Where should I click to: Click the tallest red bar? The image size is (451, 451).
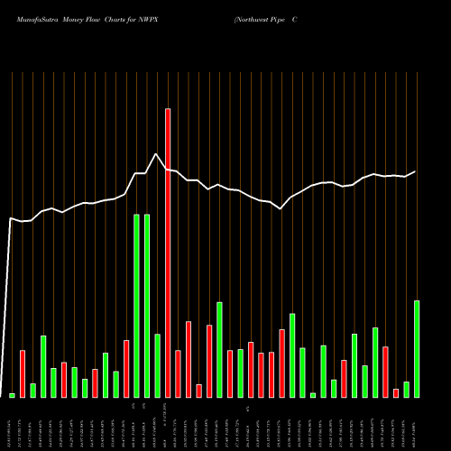pyautogui.click(x=168, y=253)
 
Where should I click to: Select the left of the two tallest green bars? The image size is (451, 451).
pyautogui.click(x=136, y=306)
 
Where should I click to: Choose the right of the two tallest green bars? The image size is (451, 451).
pyautogui.click(x=146, y=306)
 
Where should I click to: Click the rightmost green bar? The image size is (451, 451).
pyautogui.click(x=417, y=348)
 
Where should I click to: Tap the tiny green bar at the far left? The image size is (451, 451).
pyautogui.click(x=12, y=395)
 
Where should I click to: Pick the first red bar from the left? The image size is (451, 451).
pyautogui.click(x=23, y=373)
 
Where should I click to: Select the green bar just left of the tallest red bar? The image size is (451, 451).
pyautogui.click(x=157, y=365)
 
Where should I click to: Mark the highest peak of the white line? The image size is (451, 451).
pyautogui.click(x=157, y=154)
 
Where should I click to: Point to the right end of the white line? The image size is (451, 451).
pyautogui.click(x=416, y=171)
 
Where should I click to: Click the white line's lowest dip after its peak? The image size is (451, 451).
pyautogui.click(x=281, y=208)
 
